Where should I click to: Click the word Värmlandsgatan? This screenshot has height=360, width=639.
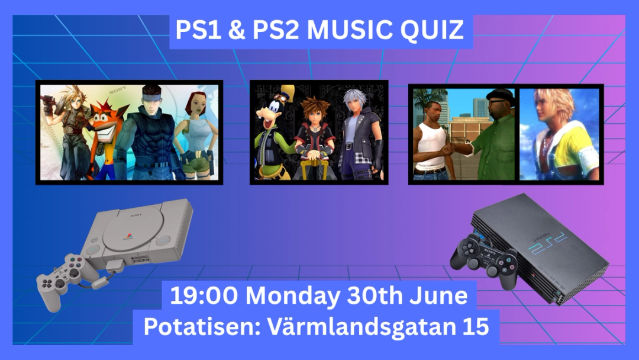(362, 327)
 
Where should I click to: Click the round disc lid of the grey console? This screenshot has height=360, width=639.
(133, 229)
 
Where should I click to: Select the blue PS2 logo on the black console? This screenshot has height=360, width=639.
(547, 242)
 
